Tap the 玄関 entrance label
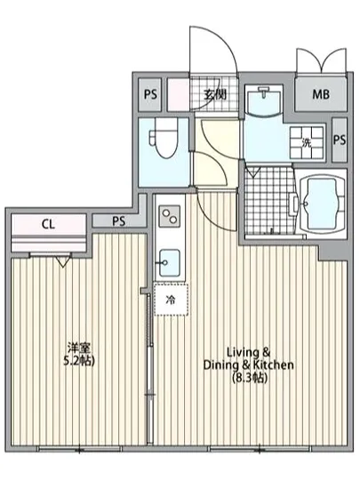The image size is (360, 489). tap(212, 93)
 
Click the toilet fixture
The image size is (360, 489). tap(162, 140)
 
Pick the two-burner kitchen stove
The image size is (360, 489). tap(169, 217)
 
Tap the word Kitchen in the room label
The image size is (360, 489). tap(270, 363)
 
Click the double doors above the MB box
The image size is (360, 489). tap(318, 62)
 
